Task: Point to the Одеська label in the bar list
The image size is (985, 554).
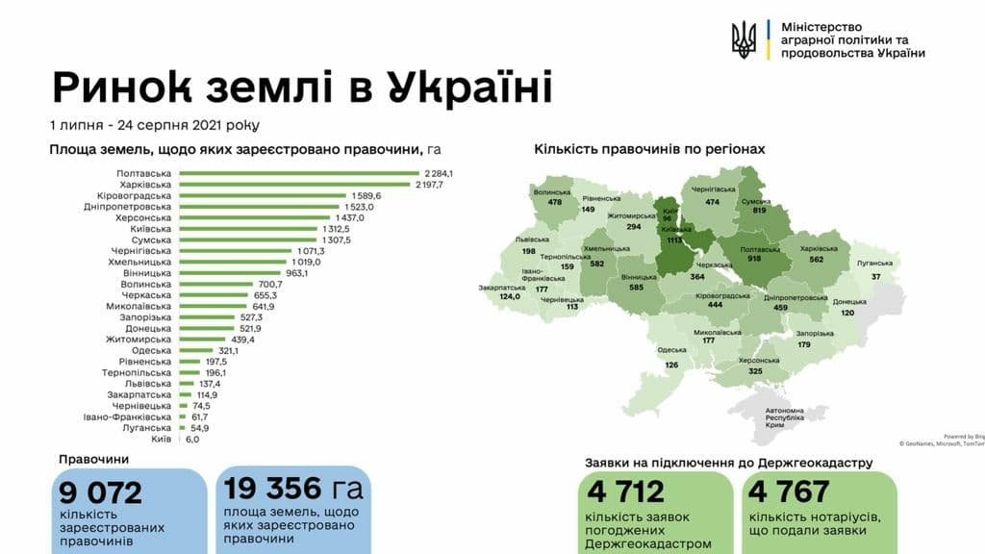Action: click(152, 351)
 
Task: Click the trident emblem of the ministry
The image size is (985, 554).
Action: click(744, 39)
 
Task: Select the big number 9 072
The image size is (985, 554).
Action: click(100, 492)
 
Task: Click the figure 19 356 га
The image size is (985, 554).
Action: click(294, 489)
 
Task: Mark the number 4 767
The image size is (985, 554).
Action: click(788, 491)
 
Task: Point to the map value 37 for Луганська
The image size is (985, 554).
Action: click(874, 277)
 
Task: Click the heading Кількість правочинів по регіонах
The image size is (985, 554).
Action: click(649, 149)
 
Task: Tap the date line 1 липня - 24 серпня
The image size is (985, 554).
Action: click(154, 125)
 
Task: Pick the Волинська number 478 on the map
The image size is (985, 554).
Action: click(554, 202)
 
